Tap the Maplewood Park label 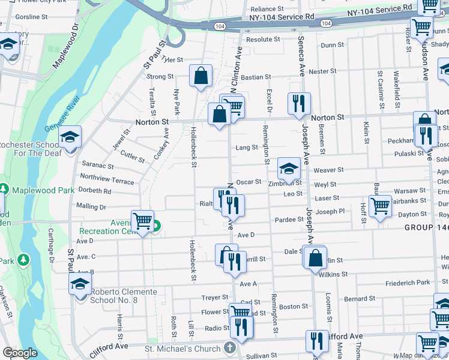pos(41,190)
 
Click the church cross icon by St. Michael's pos(229,347)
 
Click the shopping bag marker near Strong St pos(200,76)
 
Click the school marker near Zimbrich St pos(289,168)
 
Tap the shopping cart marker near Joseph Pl pos(380,206)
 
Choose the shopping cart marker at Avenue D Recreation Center pos(142,221)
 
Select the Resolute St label pos(264,40)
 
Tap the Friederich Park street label pos(408,282)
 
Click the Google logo pos(20,353)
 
